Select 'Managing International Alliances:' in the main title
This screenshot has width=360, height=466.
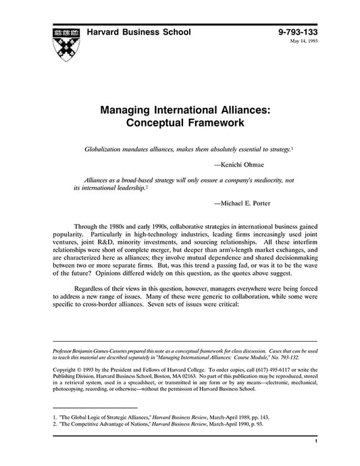180,110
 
